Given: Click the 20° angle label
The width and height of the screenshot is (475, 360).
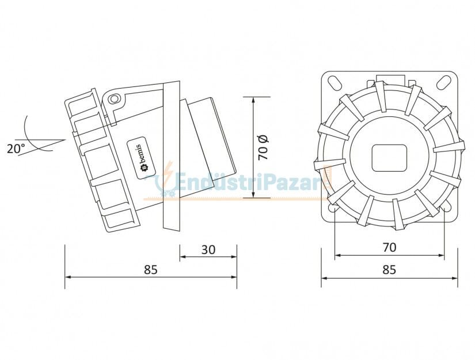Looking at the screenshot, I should pos(16,148).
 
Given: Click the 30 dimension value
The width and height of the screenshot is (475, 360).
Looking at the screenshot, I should pos(208,249).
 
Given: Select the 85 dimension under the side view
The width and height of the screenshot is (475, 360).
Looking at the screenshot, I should pos(150,269).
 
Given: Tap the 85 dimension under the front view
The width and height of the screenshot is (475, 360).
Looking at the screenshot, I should pos(389,269).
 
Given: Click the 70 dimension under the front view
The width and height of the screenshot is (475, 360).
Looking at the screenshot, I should pos(389,247).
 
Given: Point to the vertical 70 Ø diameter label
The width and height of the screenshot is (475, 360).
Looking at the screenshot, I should pos(263,147).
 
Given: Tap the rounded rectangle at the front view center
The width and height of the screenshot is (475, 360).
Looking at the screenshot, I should pos(389,157).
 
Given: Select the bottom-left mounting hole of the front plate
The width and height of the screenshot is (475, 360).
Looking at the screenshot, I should pos(333,207).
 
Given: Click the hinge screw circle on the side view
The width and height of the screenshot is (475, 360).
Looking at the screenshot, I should pos(114,98).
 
